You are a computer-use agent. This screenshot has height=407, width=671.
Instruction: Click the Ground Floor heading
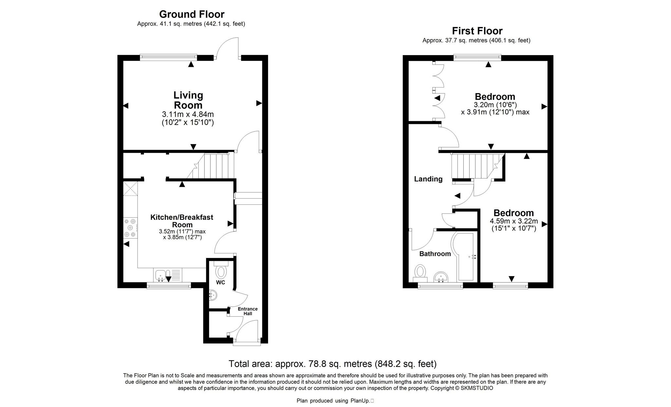[192, 14]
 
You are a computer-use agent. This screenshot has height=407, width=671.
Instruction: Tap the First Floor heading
[477, 31]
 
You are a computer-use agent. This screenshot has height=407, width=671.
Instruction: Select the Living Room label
[188, 100]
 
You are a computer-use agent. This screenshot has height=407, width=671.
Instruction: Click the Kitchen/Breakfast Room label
[182, 221]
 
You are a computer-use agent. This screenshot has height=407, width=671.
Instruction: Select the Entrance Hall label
[248, 311]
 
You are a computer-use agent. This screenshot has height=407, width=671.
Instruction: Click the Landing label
[428, 179]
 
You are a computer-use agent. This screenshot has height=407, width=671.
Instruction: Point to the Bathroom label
[435, 254]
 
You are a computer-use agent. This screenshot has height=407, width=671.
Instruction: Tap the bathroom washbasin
[441, 277]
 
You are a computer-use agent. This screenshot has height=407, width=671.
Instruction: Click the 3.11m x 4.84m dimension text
[188, 114]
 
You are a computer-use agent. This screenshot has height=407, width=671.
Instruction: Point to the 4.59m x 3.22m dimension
[514, 221]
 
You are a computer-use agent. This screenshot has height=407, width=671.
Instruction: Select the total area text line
[333, 364]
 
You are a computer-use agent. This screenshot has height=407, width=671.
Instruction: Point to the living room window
[168, 57]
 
